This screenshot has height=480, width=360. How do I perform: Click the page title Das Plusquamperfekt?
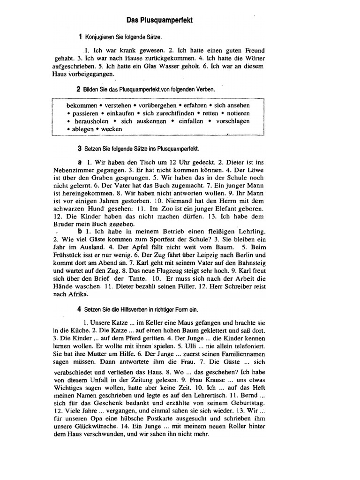(160, 21)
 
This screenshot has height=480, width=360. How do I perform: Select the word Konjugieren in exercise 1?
(101, 37)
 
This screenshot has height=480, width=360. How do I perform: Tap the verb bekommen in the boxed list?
(82, 105)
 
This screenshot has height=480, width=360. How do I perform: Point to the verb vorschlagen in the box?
(233, 121)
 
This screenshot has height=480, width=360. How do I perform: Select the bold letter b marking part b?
(80, 232)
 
